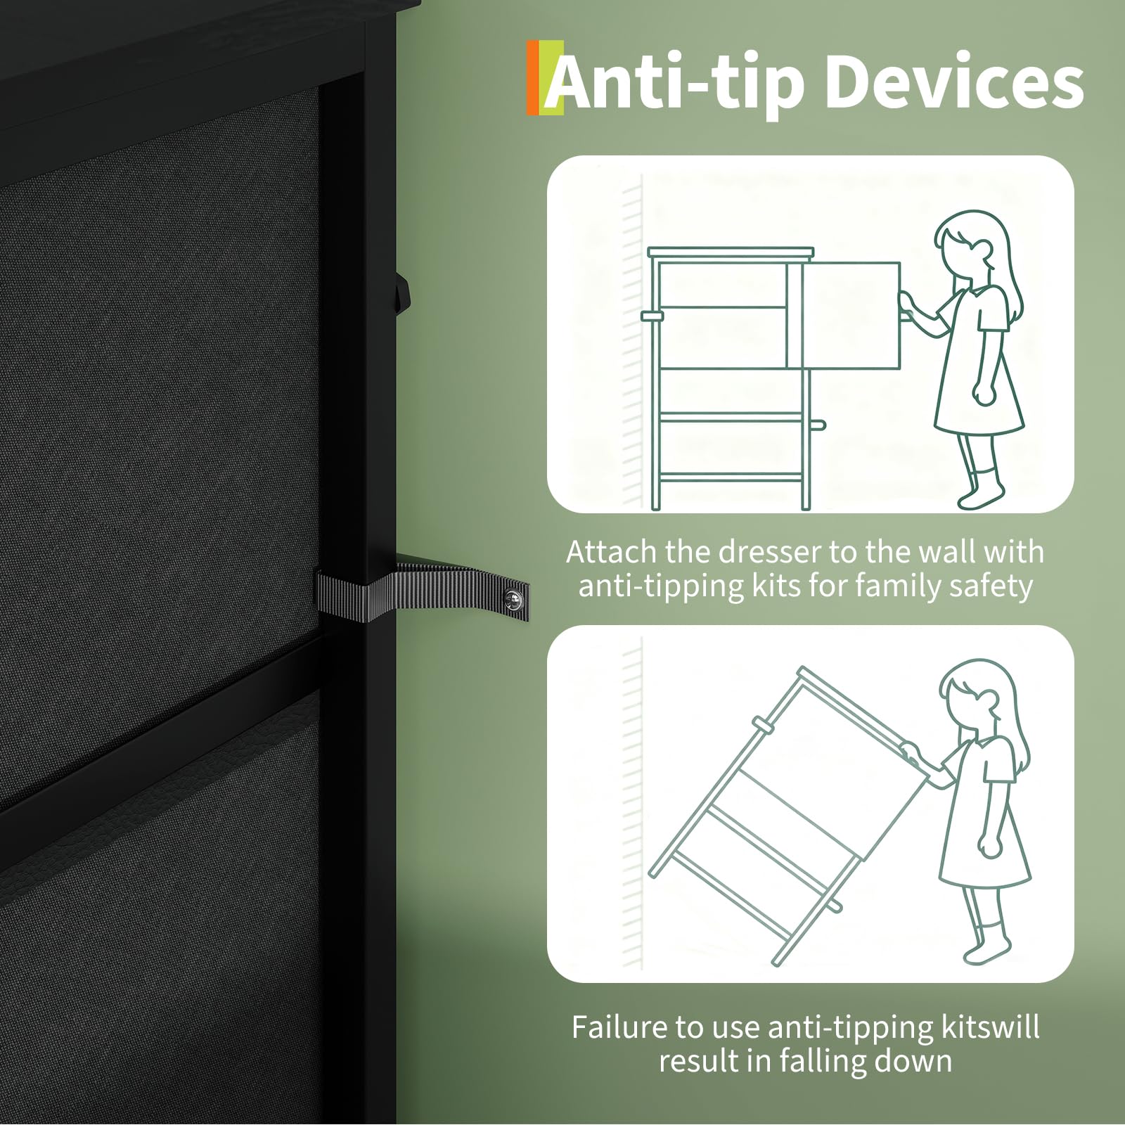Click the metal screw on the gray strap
pyautogui.click(x=513, y=599)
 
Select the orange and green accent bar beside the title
pyautogui.click(x=545, y=77)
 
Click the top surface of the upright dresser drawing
pyautogui.click(x=731, y=252)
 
